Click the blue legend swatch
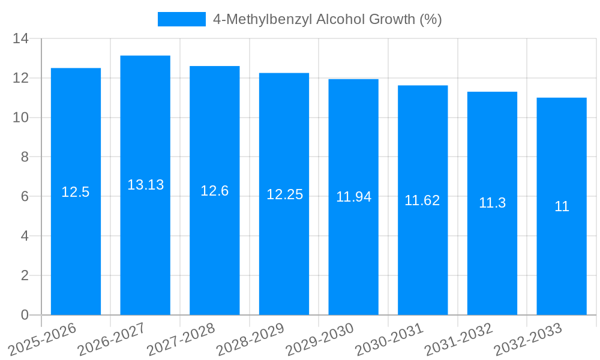click(x=181, y=19)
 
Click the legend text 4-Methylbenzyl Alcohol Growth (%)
click(x=328, y=19)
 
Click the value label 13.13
click(x=145, y=185)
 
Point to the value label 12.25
click(x=284, y=194)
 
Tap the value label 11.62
click(x=422, y=200)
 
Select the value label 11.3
click(x=492, y=203)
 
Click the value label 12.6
click(x=215, y=191)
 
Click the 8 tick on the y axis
click(x=25, y=157)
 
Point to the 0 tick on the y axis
click(x=25, y=315)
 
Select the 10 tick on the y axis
click(x=21, y=118)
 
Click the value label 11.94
click(x=353, y=197)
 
